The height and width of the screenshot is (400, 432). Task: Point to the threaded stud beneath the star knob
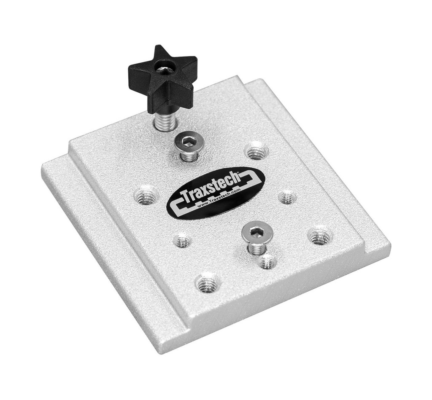pos(164,121)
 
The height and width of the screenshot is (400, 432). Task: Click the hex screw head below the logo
pos(257,231)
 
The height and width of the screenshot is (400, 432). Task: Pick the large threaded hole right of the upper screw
pos(256,151)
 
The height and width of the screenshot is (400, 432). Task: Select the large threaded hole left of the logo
pos(146,195)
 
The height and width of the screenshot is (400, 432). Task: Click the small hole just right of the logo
pos(287,197)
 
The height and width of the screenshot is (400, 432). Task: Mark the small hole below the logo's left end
pos(182,241)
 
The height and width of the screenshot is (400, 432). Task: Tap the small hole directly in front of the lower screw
pos(267,262)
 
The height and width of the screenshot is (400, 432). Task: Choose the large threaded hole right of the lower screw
pos(320,236)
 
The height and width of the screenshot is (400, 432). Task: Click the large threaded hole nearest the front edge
pos(208,283)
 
